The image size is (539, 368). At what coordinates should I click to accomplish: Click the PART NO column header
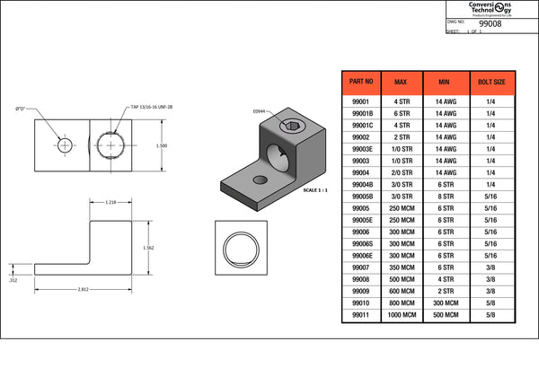[x=361, y=83]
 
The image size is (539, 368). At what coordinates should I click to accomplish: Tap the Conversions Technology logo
[x=490, y=7]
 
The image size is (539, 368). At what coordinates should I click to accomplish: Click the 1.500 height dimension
[x=162, y=145]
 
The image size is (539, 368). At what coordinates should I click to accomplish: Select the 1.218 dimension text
[x=111, y=202]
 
